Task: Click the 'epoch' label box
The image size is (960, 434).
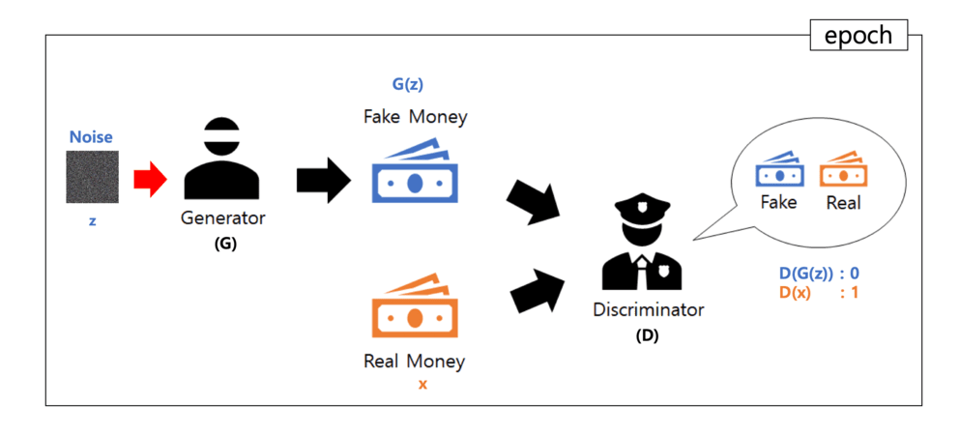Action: click(858, 36)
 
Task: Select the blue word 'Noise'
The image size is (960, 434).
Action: click(91, 138)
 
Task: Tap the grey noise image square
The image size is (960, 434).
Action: click(92, 177)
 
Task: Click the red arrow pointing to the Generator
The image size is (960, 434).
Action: click(150, 178)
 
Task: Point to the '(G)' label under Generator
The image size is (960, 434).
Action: click(224, 244)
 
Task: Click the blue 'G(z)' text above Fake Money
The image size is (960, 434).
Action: click(407, 84)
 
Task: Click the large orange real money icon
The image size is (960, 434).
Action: click(414, 308)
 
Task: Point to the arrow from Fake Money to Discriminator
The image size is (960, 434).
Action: click(534, 200)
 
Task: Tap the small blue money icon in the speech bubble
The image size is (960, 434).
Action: click(778, 171)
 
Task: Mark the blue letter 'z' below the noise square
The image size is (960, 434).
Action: click(92, 220)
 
